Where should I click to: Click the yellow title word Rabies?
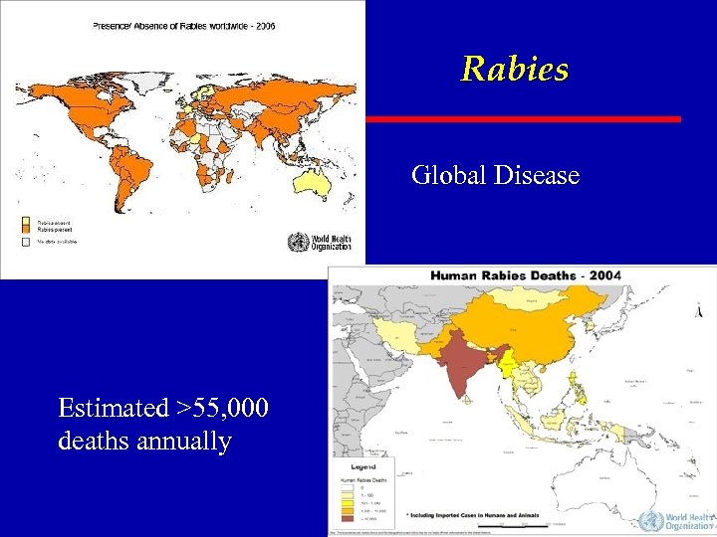pyautogui.click(x=514, y=69)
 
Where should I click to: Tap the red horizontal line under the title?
pyautogui.click(x=524, y=119)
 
